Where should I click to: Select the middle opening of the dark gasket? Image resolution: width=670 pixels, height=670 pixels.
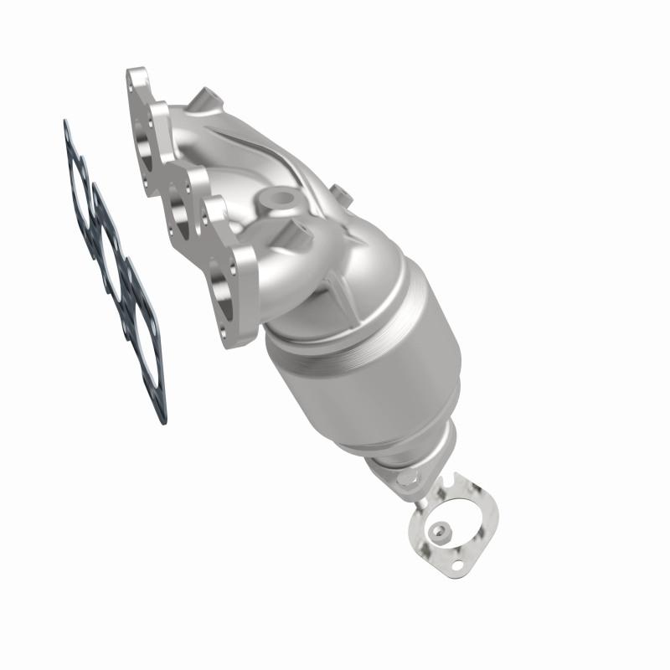110,239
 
